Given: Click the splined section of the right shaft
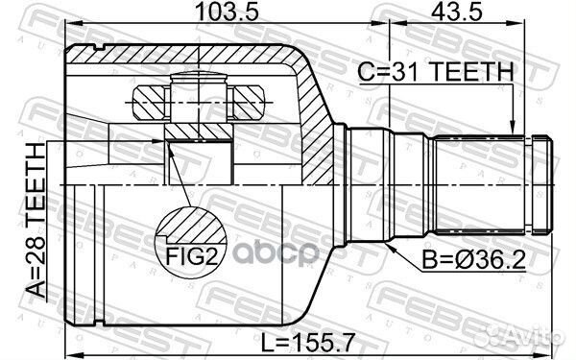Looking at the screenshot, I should (480, 183).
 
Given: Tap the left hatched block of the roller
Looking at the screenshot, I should (148, 98).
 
